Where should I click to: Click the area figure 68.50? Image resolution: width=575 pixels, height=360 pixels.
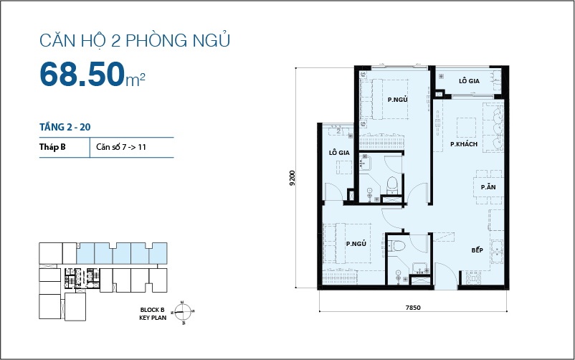click(82, 74)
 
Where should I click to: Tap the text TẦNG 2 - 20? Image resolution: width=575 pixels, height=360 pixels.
click(65, 127)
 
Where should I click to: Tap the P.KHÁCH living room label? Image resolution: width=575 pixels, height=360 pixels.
click(465, 145)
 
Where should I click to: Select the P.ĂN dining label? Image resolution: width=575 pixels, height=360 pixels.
click(488, 187)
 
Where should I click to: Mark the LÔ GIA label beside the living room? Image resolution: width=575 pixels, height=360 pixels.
click(469, 81)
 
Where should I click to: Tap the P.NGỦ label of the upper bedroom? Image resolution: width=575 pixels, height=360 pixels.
click(398, 100)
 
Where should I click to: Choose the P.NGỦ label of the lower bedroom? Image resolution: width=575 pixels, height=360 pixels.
click(356, 245)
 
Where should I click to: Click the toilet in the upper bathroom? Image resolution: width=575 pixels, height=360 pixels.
click(393, 184)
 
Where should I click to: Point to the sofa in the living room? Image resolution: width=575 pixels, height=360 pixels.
click(494, 125)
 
